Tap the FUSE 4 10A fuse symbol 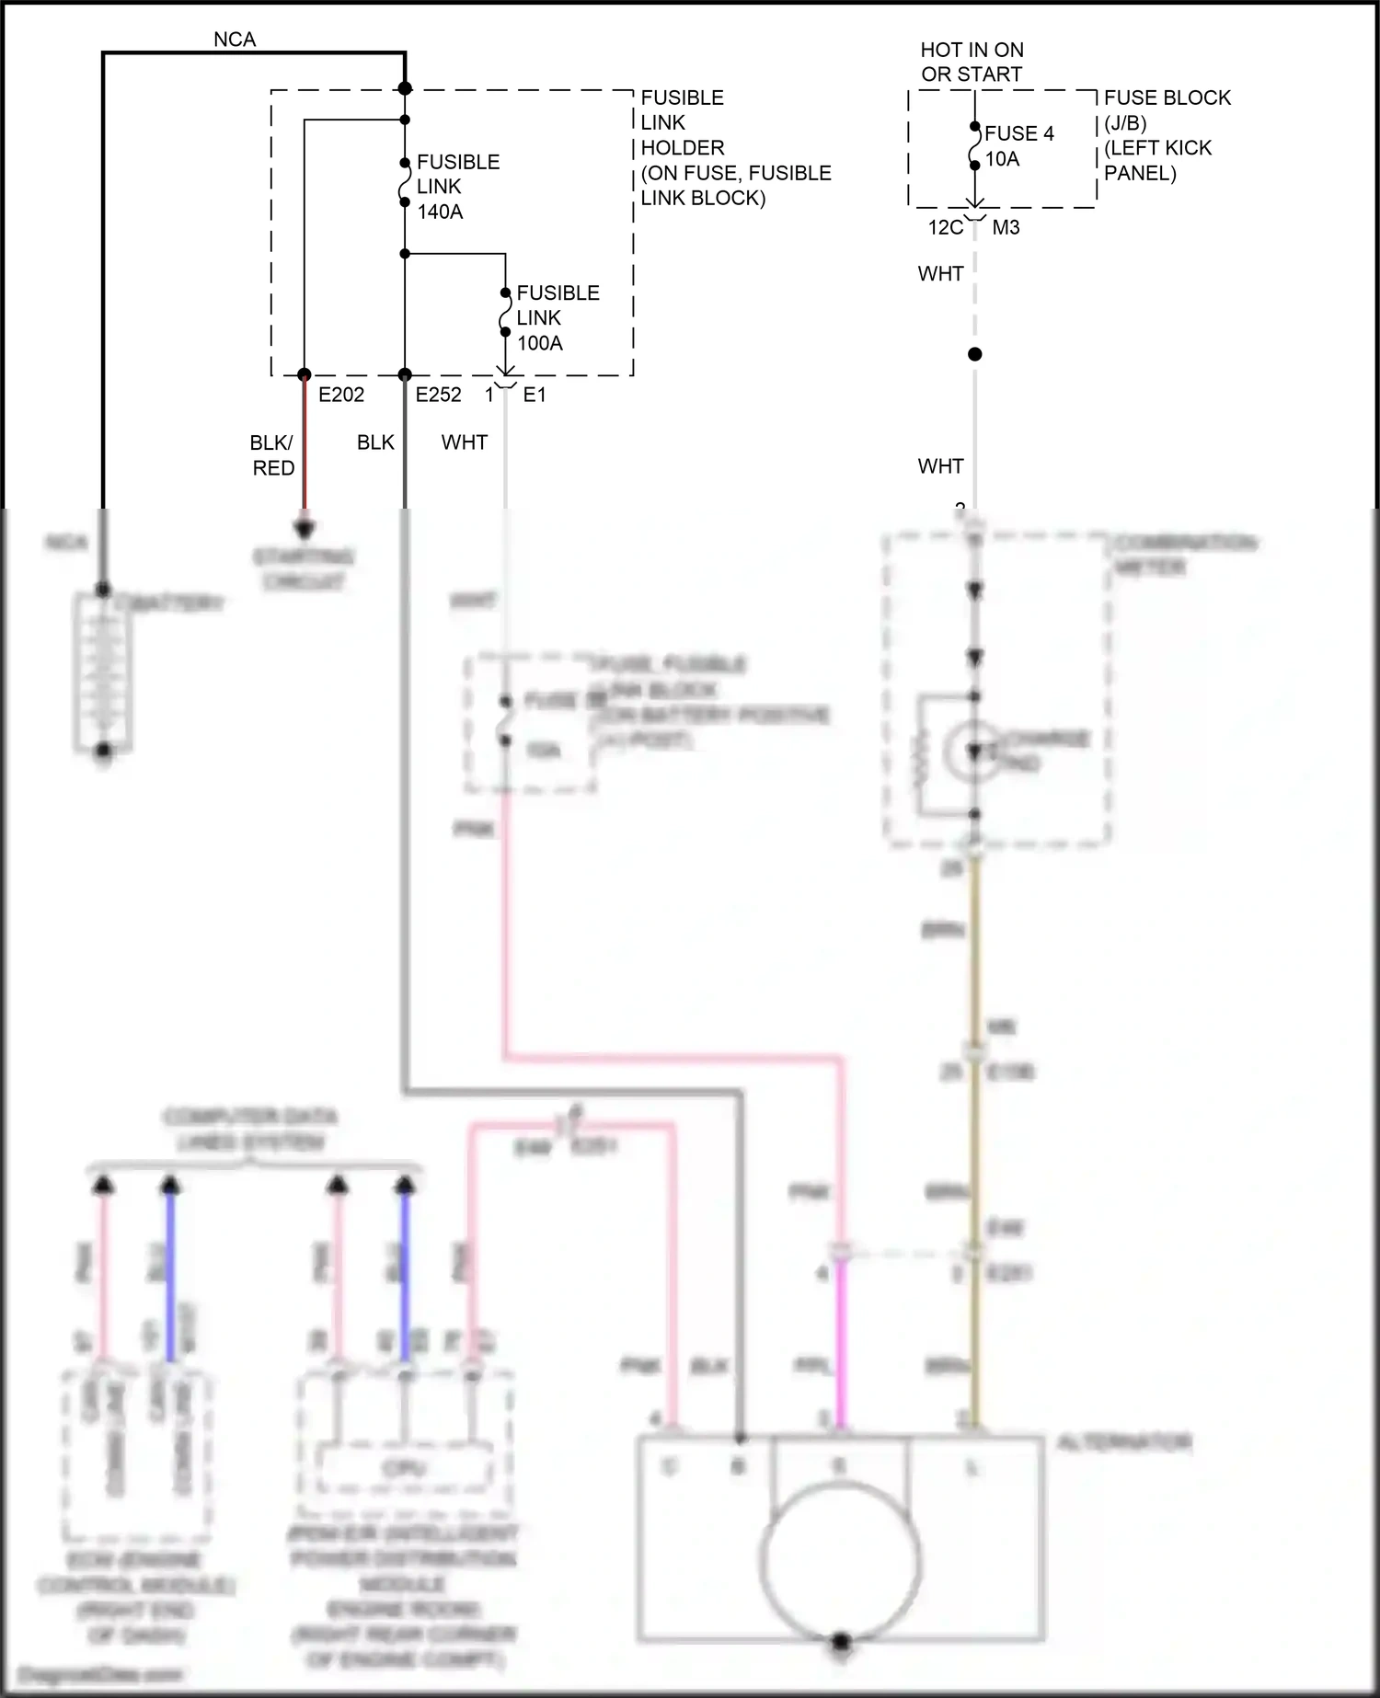[975, 147]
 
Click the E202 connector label [341, 395]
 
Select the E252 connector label [438, 395]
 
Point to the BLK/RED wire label [273, 455]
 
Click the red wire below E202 [305, 451]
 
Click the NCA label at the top [235, 40]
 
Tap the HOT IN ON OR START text [972, 62]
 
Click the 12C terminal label [945, 227]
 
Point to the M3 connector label [1006, 227]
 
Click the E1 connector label [535, 395]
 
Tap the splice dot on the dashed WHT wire [975, 354]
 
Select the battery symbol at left [103, 671]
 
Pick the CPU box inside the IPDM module [403, 1469]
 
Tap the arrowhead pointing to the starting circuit [305, 530]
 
